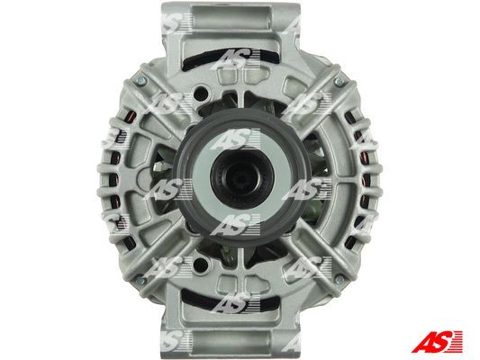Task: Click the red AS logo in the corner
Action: pyautogui.click(x=437, y=341)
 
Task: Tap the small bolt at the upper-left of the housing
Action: pyautogui.click(x=141, y=81)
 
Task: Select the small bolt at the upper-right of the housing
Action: pyautogui.click(x=339, y=81)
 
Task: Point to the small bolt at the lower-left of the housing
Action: pyautogui.click(x=140, y=280)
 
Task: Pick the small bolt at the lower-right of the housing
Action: pyautogui.click(x=340, y=279)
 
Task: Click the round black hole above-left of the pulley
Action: pyautogui.click(x=201, y=92)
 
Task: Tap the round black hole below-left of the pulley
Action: pyautogui.click(x=200, y=264)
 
